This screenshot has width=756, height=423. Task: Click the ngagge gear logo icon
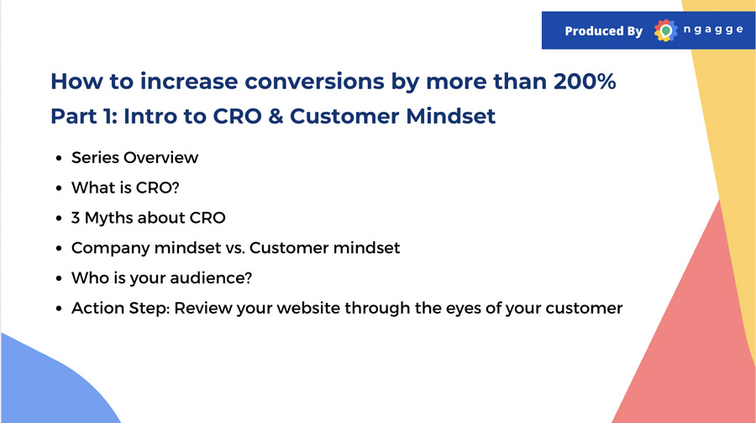point(666,30)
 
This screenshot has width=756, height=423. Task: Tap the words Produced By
point(604,31)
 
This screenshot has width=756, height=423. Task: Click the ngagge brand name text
point(713,29)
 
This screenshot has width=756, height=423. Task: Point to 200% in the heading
point(585,81)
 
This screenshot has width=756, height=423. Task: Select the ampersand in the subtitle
point(276,116)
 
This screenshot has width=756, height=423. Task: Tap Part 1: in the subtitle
point(84,116)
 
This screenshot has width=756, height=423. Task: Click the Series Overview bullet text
point(134,157)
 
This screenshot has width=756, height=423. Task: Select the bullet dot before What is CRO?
point(59,188)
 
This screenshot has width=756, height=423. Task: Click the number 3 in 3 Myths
point(76,218)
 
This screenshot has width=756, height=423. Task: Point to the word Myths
point(109,218)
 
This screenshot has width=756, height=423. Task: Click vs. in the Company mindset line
point(235,248)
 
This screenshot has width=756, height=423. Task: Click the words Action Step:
point(120,308)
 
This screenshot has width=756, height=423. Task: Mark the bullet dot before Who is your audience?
point(59,278)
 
